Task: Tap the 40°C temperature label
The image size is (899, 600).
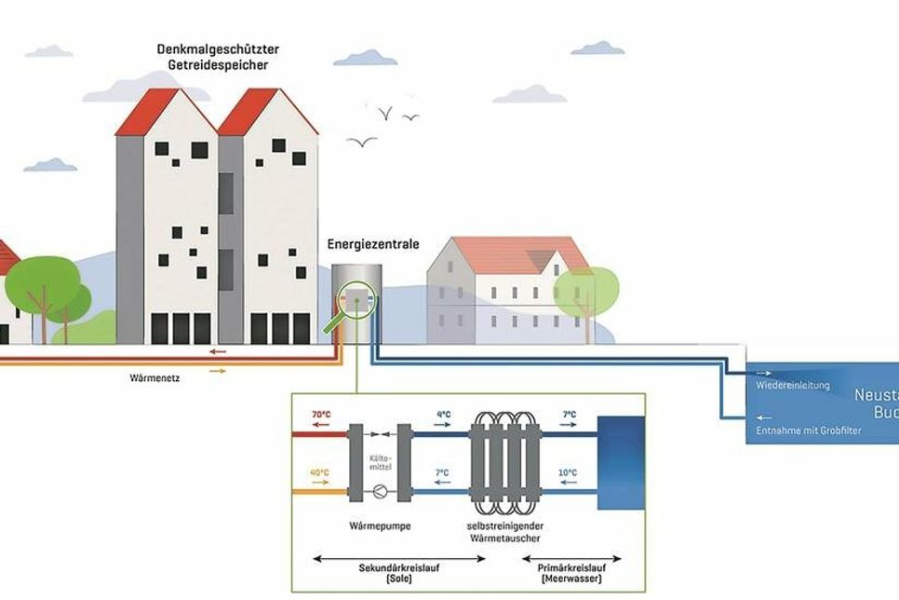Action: coord(319,473)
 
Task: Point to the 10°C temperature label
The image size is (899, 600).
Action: coord(566,473)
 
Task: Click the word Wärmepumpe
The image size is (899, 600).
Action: coord(379,527)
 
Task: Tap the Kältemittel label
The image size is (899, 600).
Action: coord(379,463)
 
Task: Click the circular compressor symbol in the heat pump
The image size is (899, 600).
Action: coord(379,490)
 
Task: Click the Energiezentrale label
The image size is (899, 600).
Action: coord(373,245)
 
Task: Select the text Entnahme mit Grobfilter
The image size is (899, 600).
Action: coord(807,431)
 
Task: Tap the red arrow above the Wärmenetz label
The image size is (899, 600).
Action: coord(217,352)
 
